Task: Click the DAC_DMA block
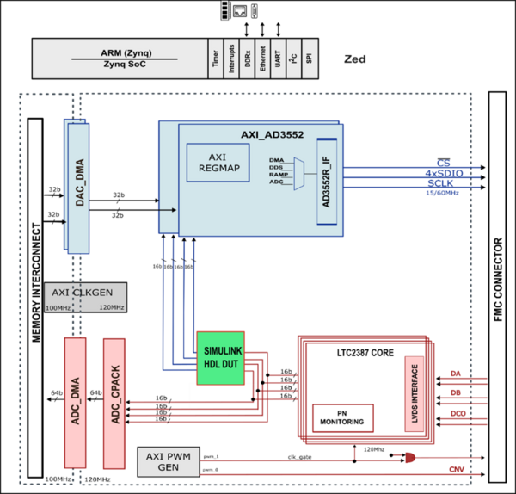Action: click(77, 185)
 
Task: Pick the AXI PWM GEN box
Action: click(169, 462)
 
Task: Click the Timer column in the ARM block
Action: click(214, 59)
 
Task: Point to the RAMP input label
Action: click(277, 175)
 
